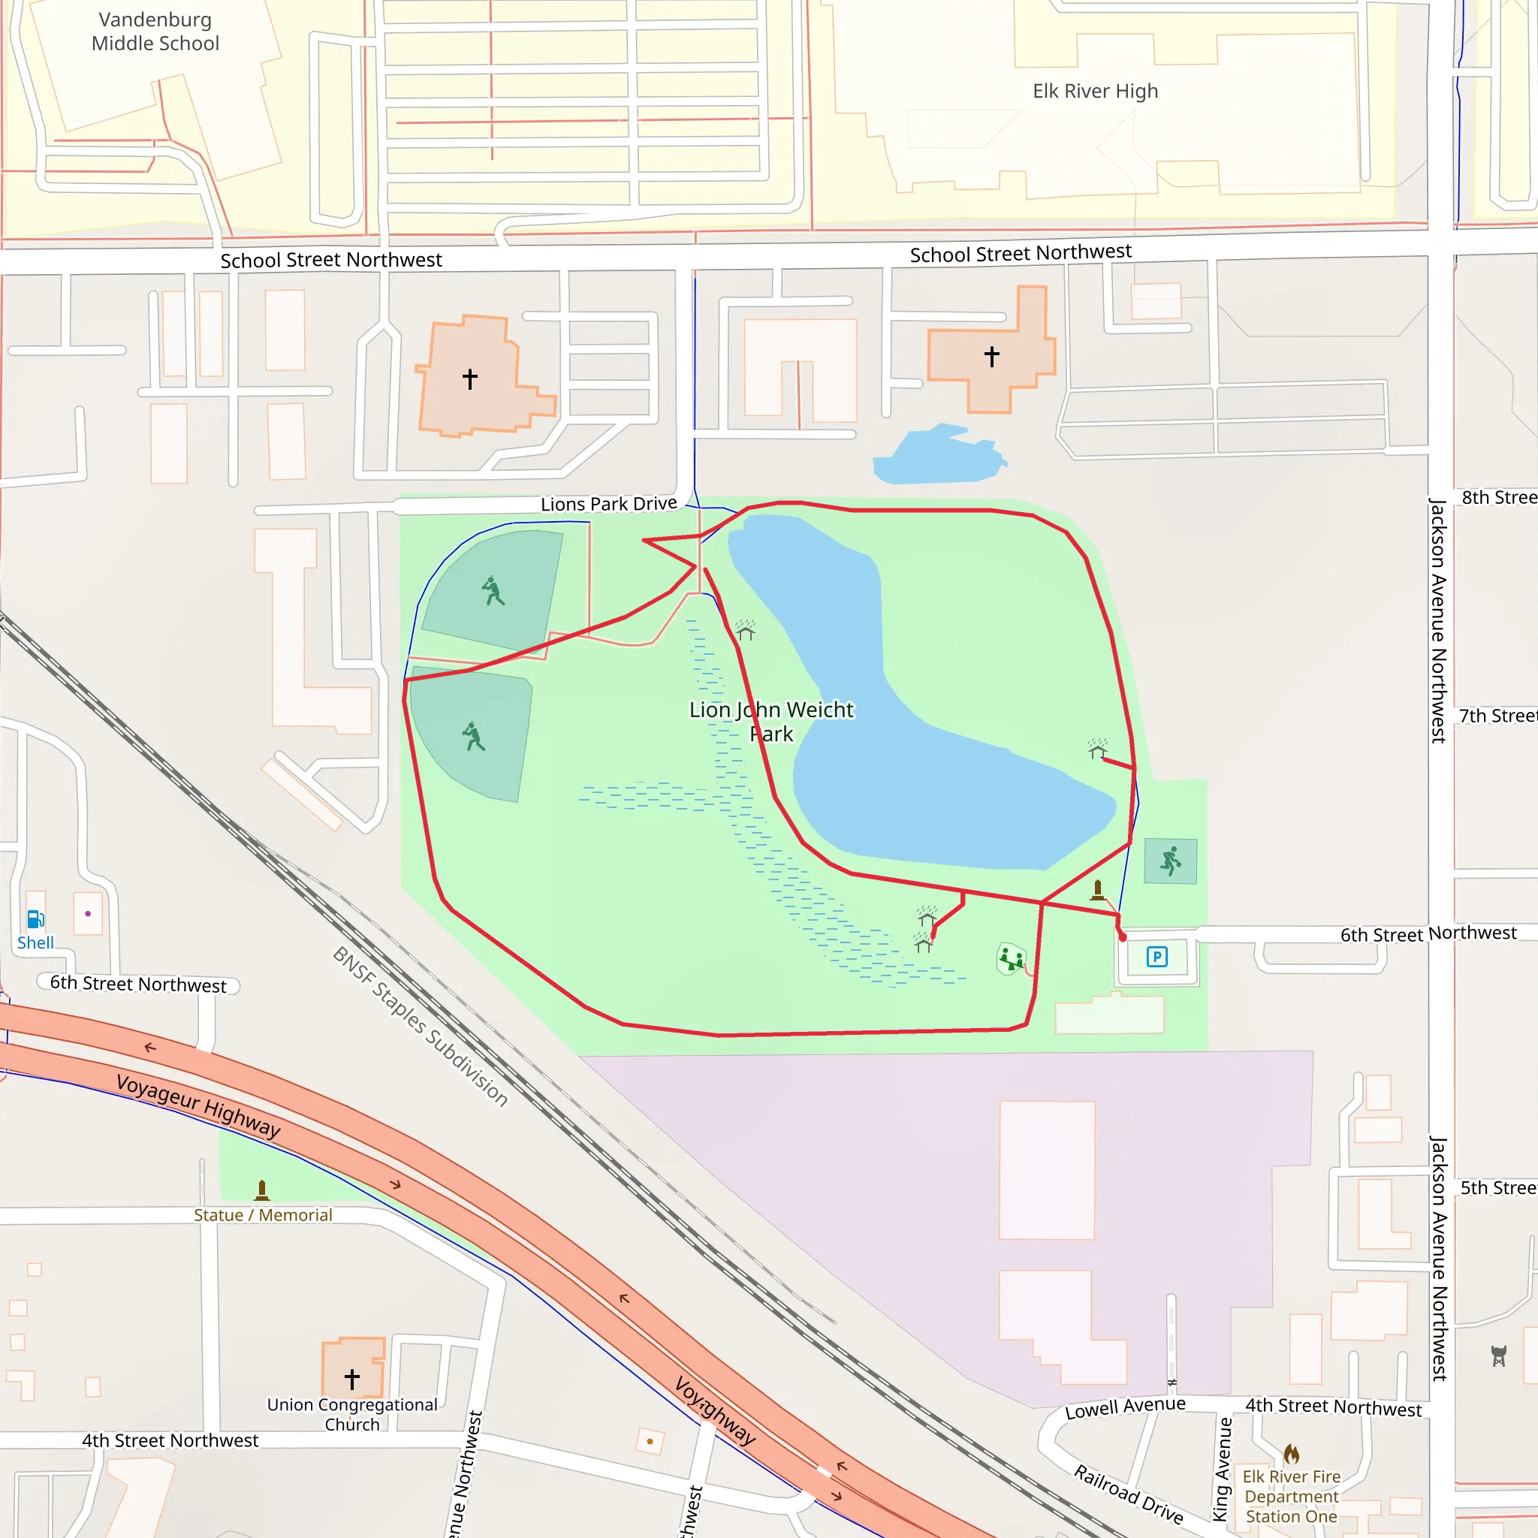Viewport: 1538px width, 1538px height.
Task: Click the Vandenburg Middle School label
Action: pyautogui.click(x=155, y=32)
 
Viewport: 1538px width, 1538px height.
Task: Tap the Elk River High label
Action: pyautogui.click(x=1095, y=92)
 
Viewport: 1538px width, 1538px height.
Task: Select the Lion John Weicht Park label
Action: pyautogui.click(x=771, y=721)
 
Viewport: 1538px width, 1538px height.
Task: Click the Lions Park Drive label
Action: pyautogui.click(x=608, y=504)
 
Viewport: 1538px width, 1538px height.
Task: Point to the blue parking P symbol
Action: pyautogui.click(x=1157, y=956)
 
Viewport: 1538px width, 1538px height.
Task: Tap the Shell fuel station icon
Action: pyautogui.click(x=36, y=919)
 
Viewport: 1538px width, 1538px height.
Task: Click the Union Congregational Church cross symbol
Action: pyautogui.click(x=352, y=1378)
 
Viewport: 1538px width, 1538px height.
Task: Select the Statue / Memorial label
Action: pyautogui.click(x=263, y=1215)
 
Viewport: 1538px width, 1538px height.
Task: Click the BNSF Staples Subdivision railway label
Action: pyautogui.click(x=420, y=1026)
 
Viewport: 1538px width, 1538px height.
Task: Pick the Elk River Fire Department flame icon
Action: pyautogui.click(x=1291, y=1455)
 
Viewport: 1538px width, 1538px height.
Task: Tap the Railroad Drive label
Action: pyautogui.click(x=1128, y=1494)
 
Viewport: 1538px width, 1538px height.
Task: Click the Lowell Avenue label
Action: pyautogui.click(x=1125, y=1408)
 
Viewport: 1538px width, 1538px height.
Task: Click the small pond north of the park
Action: pyautogui.click(x=939, y=458)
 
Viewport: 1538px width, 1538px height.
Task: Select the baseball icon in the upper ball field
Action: pyautogui.click(x=493, y=591)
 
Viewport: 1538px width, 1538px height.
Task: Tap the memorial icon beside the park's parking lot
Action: pyautogui.click(x=1098, y=889)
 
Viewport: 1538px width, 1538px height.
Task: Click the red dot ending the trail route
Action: pyautogui.click(x=1123, y=938)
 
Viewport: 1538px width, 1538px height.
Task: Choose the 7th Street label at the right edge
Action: pyautogui.click(x=1497, y=716)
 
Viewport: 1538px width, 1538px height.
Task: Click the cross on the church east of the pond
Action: pyautogui.click(x=991, y=356)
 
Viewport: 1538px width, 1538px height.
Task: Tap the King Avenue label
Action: pyautogui.click(x=1223, y=1469)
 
